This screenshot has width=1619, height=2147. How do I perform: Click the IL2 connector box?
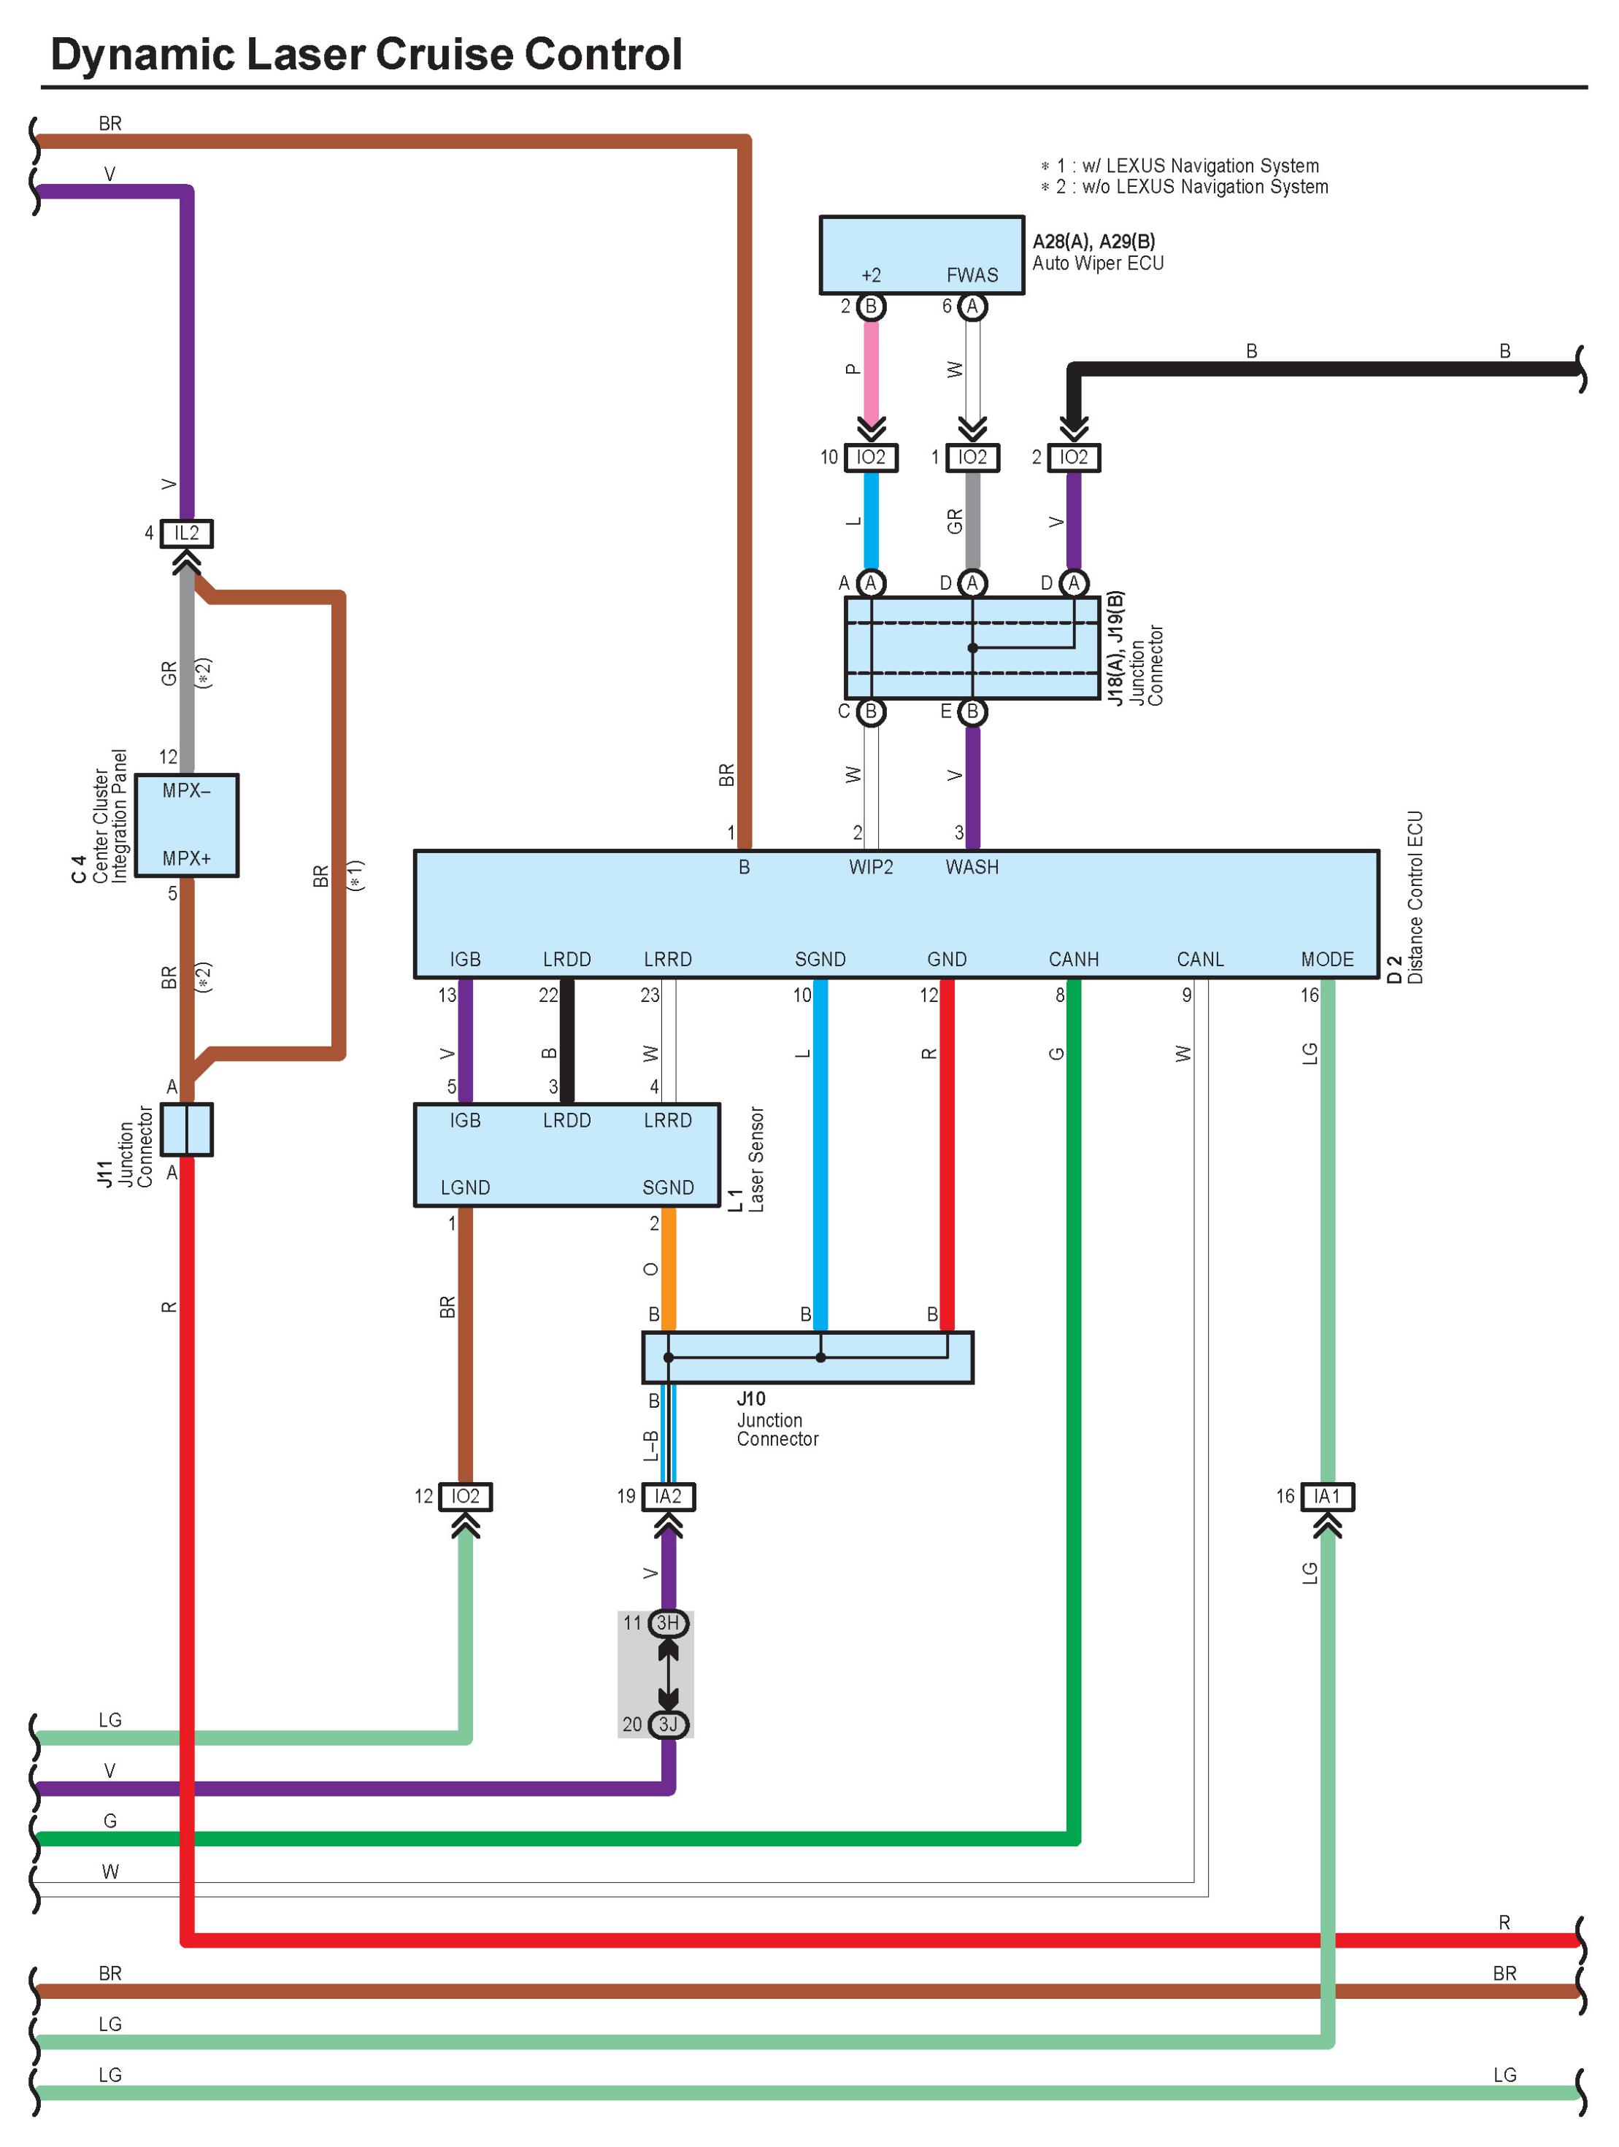[186, 533]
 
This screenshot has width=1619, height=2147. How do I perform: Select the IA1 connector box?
[1327, 1496]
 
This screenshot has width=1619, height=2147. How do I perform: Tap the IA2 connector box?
[668, 1496]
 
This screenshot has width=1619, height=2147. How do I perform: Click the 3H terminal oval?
[668, 1622]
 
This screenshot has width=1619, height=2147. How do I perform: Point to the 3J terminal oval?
[668, 1724]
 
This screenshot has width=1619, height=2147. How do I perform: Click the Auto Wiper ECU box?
[921, 254]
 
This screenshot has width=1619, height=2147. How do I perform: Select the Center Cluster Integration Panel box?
[186, 825]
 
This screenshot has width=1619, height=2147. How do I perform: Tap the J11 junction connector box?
[186, 1129]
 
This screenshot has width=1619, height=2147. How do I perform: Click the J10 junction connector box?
[807, 1357]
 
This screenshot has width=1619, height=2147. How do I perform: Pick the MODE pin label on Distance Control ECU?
[1327, 959]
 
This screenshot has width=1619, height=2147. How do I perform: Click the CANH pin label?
[1074, 959]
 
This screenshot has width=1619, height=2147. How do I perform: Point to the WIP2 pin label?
[871, 867]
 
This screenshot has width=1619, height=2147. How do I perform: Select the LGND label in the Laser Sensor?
[465, 1187]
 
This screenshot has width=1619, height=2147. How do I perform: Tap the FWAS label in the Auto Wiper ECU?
[972, 274]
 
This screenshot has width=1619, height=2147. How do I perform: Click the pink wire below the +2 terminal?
[871, 371]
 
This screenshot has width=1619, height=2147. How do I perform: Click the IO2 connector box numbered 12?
[465, 1496]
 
